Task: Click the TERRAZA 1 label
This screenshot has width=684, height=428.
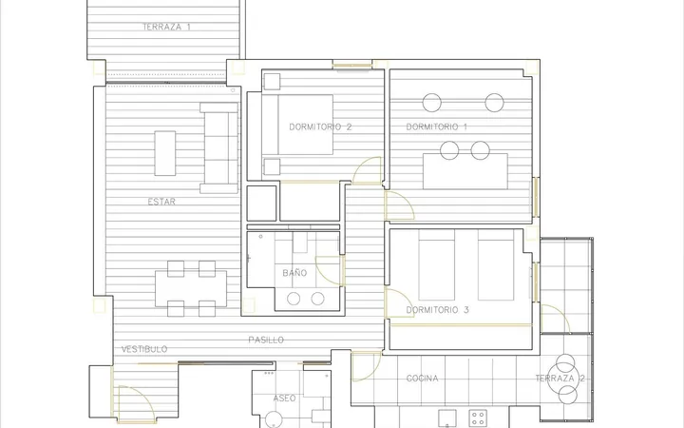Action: (x=166, y=27)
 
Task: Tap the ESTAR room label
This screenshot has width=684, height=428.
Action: (x=161, y=202)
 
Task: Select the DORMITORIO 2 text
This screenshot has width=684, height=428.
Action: (x=320, y=127)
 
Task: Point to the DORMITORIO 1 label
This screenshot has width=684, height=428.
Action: (x=436, y=127)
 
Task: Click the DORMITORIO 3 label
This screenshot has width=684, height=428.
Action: (x=437, y=310)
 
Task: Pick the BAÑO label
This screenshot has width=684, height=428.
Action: (x=294, y=273)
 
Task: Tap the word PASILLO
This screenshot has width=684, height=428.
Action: (x=266, y=340)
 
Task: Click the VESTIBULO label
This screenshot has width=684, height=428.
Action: (x=144, y=349)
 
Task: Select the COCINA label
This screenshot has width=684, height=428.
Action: (x=422, y=379)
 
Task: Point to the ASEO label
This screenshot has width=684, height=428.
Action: (x=284, y=399)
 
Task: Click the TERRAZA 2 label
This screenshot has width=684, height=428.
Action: (x=560, y=379)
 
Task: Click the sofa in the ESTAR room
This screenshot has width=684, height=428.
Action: (x=219, y=148)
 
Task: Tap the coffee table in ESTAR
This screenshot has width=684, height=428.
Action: (x=165, y=153)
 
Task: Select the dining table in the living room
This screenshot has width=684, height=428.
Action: (x=191, y=289)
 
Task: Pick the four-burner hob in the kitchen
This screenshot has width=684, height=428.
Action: (x=478, y=418)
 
